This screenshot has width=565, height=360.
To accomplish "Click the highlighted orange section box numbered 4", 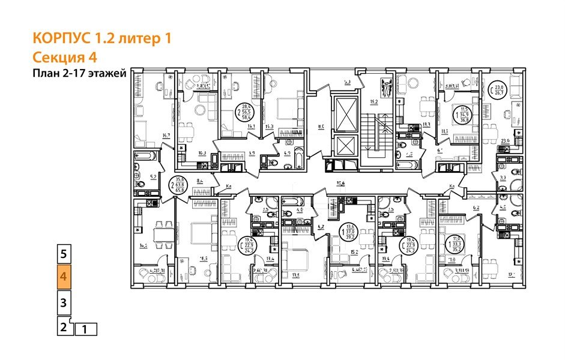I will click(64, 278).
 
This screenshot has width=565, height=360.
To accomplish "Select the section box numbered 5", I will click(64, 254).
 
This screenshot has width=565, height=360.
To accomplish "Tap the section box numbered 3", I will click(64, 302).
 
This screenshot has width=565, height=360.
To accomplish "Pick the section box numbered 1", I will click(85, 329).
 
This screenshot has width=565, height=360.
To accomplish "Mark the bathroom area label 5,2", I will click(153, 177).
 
